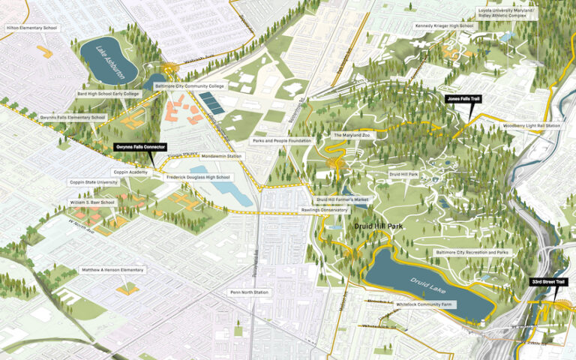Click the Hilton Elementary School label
pos(31,28)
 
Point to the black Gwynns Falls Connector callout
pos(140,147)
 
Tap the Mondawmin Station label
pos(222,156)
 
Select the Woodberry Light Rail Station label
pos(532,125)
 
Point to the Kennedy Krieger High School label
pos(445,26)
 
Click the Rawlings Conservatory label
pos(343,210)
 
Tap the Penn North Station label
pos(249,292)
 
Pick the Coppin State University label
pos(94,181)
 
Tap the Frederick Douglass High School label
pos(199,177)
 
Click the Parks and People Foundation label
pos(281,140)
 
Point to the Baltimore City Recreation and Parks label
pos(472,253)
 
